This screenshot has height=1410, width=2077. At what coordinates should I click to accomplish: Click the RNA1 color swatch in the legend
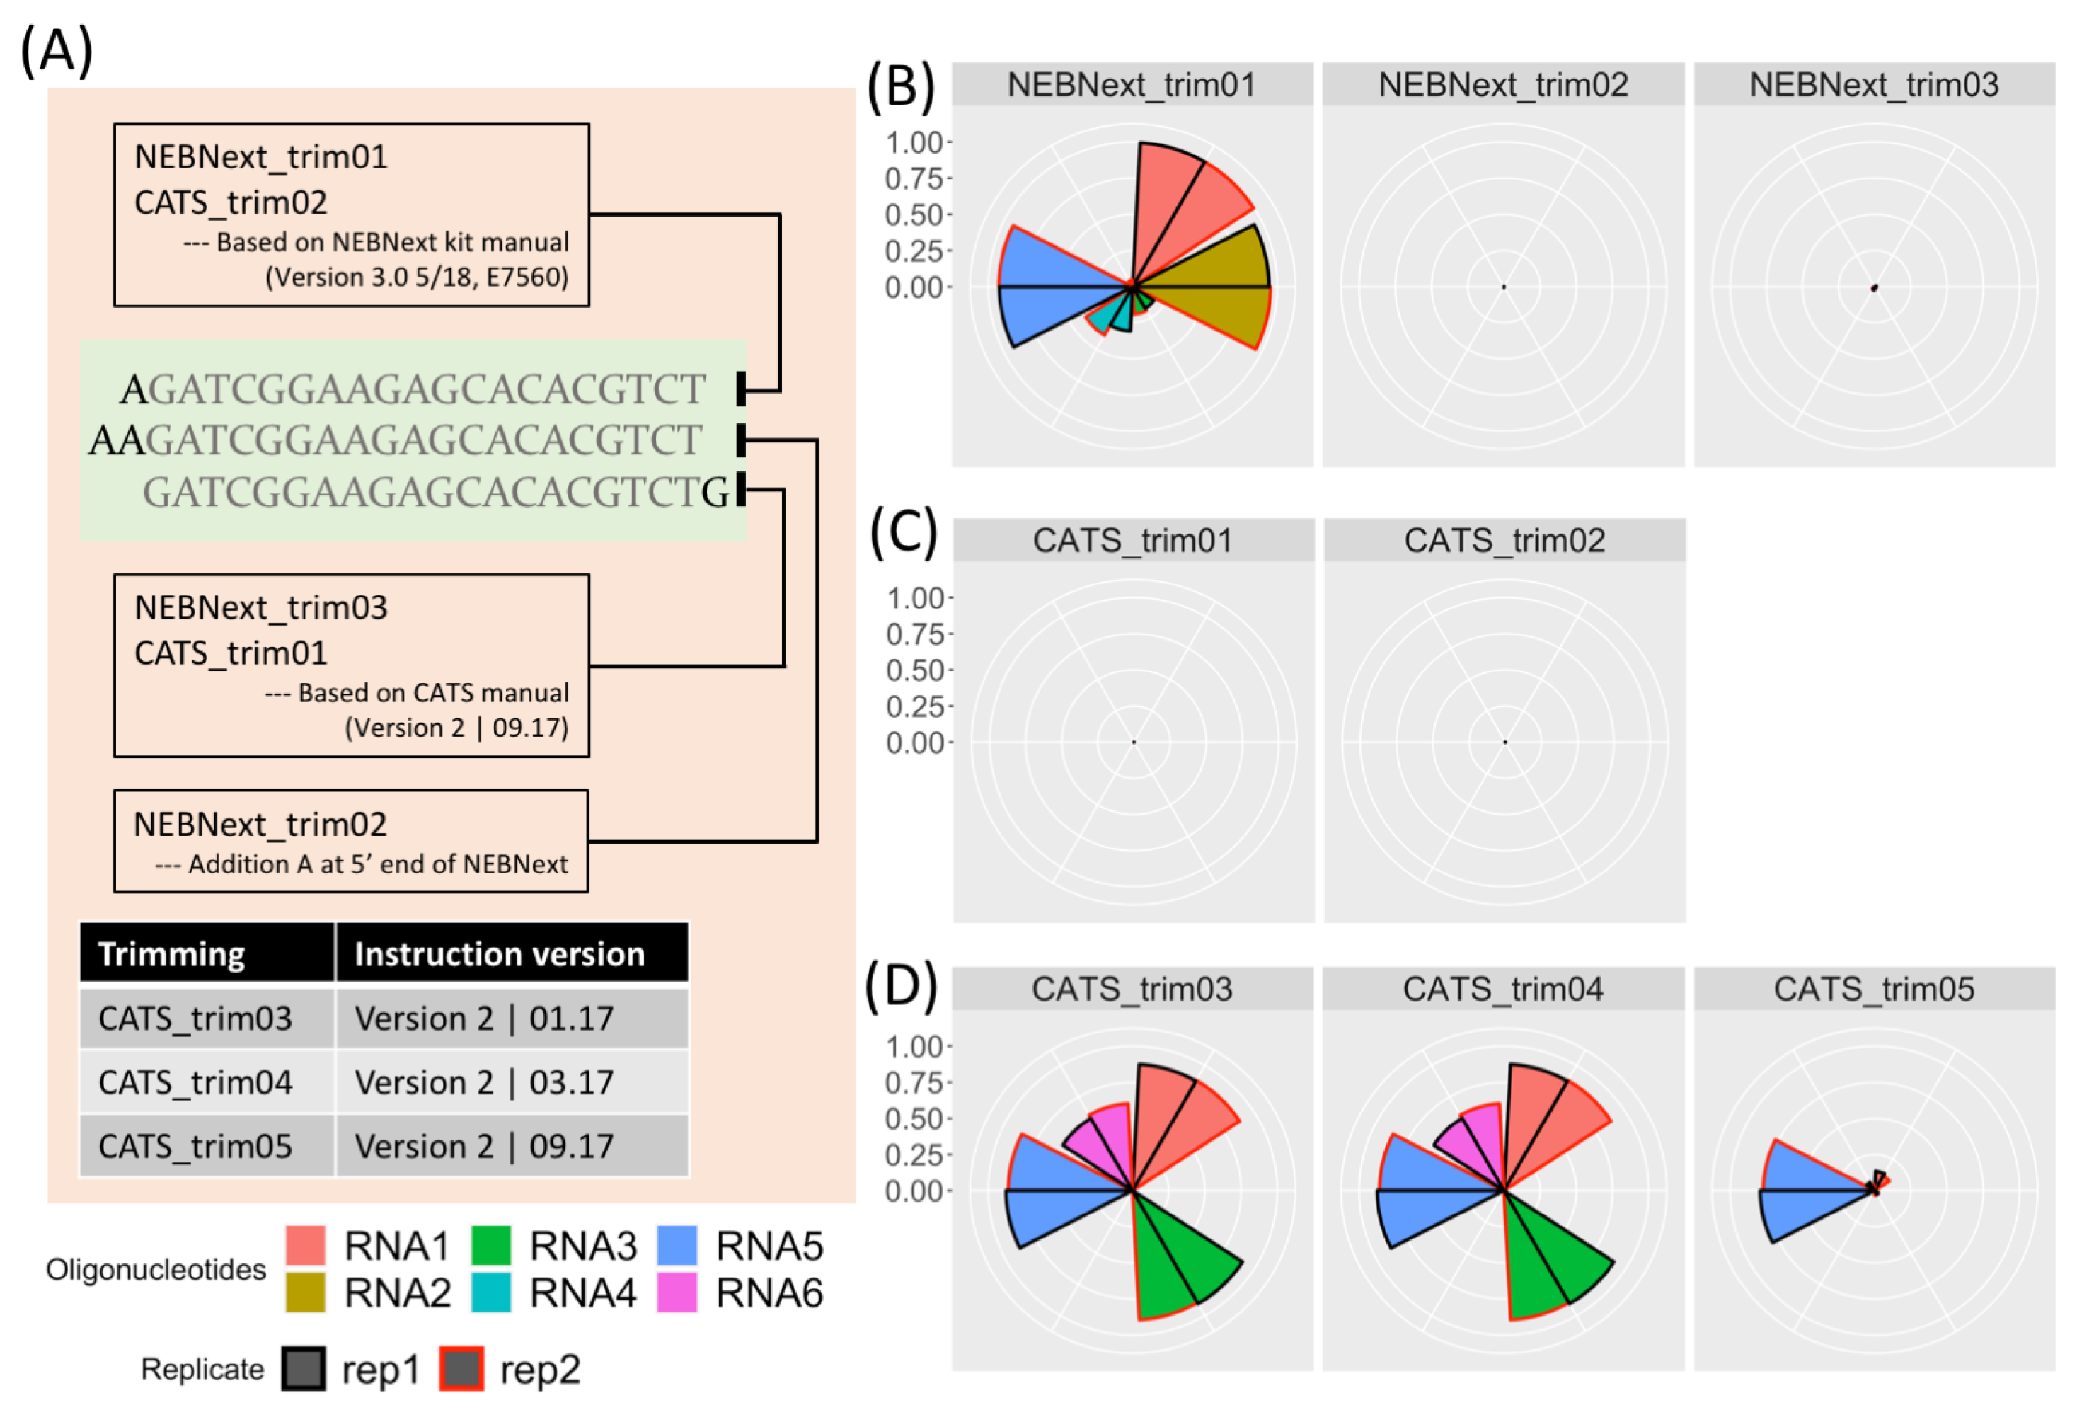(x=305, y=1244)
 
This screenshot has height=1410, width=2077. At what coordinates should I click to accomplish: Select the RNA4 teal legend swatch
(x=490, y=1292)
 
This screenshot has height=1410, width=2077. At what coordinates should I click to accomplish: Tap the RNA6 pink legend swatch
(x=677, y=1292)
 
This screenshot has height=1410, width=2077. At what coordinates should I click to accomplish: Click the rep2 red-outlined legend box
(x=461, y=1368)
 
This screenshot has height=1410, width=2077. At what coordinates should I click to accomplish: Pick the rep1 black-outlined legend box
(x=304, y=1368)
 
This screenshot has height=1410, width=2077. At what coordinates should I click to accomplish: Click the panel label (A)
(x=57, y=51)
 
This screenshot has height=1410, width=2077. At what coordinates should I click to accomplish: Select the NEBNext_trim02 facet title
(x=1502, y=85)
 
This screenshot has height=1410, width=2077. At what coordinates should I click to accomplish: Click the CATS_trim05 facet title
(x=1873, y=989)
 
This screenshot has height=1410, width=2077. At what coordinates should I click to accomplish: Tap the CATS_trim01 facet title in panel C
(x=1132, y=540)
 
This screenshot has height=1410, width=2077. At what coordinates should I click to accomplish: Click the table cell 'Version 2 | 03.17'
(x=483, y=1082)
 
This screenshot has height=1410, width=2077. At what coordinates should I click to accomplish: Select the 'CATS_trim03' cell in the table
(x=195, y=1019)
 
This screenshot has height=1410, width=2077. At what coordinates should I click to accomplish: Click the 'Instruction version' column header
(x=500, y=954)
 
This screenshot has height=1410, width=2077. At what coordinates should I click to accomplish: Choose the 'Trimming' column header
(x=171, y=954)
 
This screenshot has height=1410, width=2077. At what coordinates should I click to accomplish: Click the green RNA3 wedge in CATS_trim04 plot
(x=1550, y=1261)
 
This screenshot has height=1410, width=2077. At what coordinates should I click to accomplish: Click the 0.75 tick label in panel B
(x=914, y=179)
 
